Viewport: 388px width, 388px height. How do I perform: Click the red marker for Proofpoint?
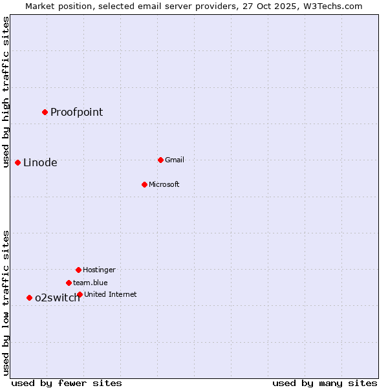(45, 112)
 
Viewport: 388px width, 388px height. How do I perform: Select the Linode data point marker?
(17, 162)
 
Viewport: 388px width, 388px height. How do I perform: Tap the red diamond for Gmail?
(160, 160)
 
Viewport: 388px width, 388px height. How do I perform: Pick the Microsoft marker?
(144, 184)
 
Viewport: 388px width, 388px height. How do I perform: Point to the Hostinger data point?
(78, 270)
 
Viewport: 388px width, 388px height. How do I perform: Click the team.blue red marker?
(69, 283)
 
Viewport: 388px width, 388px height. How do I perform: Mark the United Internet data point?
(80, 294)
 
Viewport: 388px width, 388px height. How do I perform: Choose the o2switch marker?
(29, 297)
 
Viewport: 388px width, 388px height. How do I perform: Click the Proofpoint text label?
(76, 113)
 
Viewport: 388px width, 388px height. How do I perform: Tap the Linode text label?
(40, 163)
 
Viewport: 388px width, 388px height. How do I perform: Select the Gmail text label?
(175, 160)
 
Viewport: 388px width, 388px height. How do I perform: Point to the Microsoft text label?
(164, 184)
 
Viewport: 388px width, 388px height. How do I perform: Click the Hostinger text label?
(99, 270)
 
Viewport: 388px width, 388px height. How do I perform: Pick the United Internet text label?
(111, 294)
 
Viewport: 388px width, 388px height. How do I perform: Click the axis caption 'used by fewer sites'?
(67, 383)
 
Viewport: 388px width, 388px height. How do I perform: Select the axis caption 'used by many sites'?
(325, 383)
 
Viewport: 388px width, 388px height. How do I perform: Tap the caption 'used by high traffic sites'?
(6, 92)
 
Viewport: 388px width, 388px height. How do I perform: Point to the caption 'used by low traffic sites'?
(6, 303)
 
